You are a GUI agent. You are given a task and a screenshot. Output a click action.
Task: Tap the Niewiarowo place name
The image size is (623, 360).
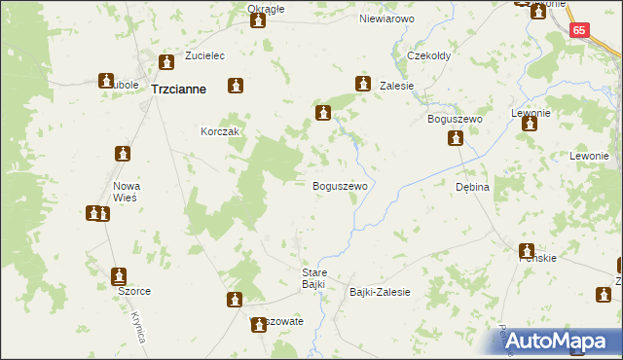[386, 18]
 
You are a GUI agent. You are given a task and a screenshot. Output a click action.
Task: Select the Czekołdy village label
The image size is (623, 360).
[428, 55]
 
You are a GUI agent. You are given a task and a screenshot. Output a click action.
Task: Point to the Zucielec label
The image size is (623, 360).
[175, 55]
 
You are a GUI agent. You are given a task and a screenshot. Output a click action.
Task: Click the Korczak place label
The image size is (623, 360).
[220, 131]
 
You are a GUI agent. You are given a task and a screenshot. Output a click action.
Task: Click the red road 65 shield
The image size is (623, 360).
[579, 31]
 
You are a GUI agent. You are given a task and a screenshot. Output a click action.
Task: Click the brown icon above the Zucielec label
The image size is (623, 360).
[166, 63]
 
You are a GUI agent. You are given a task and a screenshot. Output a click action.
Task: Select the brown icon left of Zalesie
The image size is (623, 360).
[363, 84]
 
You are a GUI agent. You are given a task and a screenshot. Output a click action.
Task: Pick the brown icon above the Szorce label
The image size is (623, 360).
[119, 276]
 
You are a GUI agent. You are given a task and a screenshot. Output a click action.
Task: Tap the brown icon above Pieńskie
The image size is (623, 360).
[527, 251]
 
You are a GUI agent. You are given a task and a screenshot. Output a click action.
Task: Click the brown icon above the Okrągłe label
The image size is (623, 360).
[258, 18]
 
